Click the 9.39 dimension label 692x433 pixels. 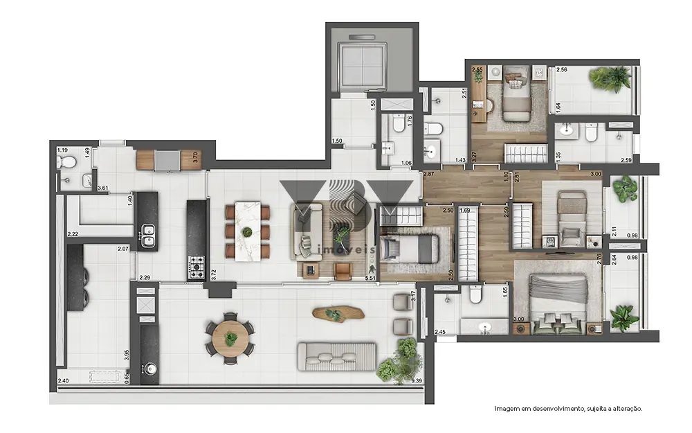click(x=417, y=381)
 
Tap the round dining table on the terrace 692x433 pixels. click(x=230, y=337)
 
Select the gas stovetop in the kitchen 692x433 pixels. click(x=197, y=263)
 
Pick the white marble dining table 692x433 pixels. click(x=247, y=231)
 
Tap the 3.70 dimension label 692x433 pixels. click(x=196, y=157)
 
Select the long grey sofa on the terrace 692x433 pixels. click(x=336, y=357)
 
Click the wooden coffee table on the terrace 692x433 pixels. click(x=337, y=315)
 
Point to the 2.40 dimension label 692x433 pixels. click(x=63, y=381)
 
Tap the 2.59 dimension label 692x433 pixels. click(x=626, y=161)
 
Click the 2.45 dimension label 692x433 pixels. click(x=440, y=333)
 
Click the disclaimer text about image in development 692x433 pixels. click(x=567, y=409)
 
